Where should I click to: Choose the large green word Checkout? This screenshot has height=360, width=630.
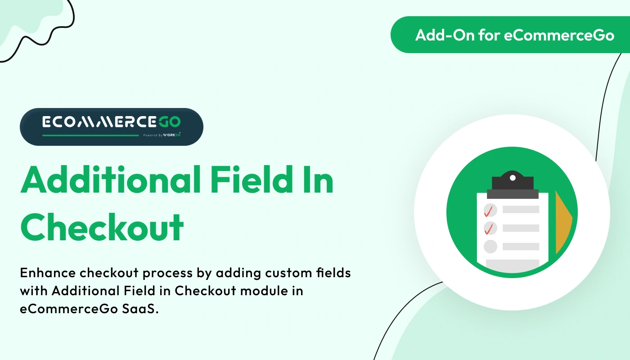pyautogui.click(x=102, y=226)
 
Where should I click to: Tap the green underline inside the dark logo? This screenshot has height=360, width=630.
pyautogui.click(x=90, y=135)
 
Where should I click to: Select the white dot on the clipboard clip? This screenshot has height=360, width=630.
pyautogui.click(x=513, y=178)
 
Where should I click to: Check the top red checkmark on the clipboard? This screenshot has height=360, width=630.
pyautogui.click(x=489, y=210)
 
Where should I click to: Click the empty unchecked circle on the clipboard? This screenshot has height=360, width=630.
pyautogui.click(x=490, y=246)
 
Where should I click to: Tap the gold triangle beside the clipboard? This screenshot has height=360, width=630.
pyautogui.click(x=562, y=223)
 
